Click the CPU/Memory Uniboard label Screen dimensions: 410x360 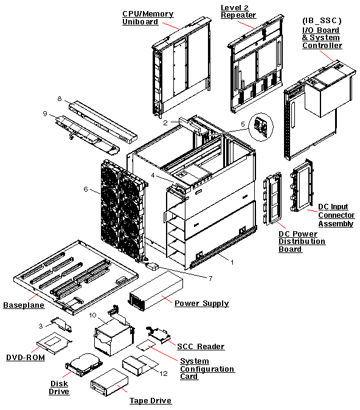coord(148,18)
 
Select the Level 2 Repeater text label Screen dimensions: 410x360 coord(238,11)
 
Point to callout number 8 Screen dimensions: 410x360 coord(60,99)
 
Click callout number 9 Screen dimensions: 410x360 coord(45,113)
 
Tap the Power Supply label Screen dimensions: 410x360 coord(201,303)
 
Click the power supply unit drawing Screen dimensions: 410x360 coord(156,291)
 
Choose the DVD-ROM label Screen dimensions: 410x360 coord(26,357)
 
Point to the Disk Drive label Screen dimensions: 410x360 coord(59,387)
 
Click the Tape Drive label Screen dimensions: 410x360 coord(150,400)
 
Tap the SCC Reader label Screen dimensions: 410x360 coord(201,346)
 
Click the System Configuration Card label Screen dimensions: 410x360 coord(207,369)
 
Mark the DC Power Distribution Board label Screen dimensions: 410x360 coord(302,241)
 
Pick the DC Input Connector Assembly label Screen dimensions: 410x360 coord(336,215)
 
